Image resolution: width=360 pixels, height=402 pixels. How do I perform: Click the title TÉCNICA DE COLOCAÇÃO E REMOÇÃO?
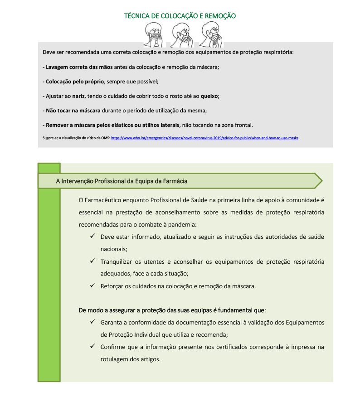180,16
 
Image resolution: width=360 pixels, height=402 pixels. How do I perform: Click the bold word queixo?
210,96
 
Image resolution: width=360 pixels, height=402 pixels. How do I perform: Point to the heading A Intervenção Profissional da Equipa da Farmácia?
122,181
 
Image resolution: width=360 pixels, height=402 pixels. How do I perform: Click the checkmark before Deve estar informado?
92,237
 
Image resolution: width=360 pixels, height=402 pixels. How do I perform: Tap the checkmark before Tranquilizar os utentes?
92,261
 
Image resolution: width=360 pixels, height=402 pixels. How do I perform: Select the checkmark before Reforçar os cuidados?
92,286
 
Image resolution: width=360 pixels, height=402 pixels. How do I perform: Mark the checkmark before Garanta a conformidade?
92,322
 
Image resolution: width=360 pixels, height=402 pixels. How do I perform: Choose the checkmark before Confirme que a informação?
92,347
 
